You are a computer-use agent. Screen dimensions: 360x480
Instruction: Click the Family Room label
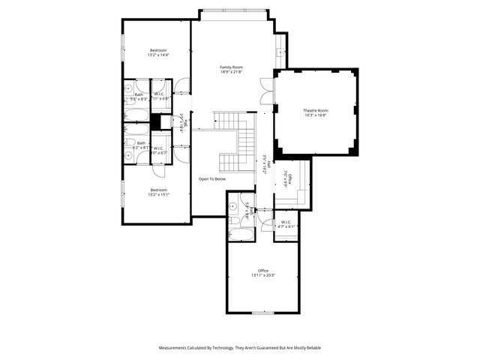tap(231, 67)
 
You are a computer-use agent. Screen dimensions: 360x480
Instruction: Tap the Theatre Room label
tap(316, 110)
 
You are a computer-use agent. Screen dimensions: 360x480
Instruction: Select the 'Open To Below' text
tap(212, 179)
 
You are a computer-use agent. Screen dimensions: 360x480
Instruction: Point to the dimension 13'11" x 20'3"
tap(263, 275)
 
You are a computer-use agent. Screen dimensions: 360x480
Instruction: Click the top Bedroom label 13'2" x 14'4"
tap(158, 50)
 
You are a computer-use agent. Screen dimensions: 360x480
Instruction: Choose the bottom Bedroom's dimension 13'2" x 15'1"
tap(158, 194)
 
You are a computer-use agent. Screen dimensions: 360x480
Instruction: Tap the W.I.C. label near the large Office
tap(286, 222)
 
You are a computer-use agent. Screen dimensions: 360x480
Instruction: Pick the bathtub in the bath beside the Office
tap(241, 233)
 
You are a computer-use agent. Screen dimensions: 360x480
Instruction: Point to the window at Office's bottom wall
tap(262, 312)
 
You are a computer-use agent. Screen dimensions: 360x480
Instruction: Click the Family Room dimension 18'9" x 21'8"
tap(231, 72)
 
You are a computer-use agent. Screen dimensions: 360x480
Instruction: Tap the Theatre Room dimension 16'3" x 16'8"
tap(316, 115)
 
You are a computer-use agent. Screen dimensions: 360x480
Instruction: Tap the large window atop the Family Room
tap(232, 10)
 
